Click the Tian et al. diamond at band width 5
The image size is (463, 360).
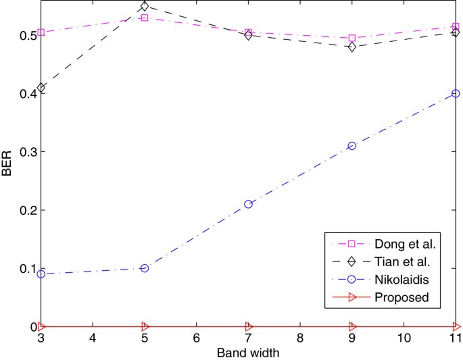coord(144,6)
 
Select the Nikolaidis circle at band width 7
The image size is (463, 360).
coord(248,204)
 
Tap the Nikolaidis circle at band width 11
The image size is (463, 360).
coord(456,93)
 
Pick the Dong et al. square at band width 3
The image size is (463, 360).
coord(41,32)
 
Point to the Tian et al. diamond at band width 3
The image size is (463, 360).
coord(41,88)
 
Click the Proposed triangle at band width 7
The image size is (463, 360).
coord(248,326)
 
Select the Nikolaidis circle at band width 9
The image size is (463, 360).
coord(351,146)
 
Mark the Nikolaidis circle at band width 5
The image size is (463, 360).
coord(144,268)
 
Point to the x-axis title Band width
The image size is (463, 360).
coord(247,353)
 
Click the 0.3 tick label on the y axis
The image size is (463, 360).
coord(26,151)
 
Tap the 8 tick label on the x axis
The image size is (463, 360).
coord(299,338)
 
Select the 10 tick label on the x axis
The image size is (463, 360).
coord(404,338)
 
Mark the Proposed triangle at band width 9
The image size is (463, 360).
coord(351,326)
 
